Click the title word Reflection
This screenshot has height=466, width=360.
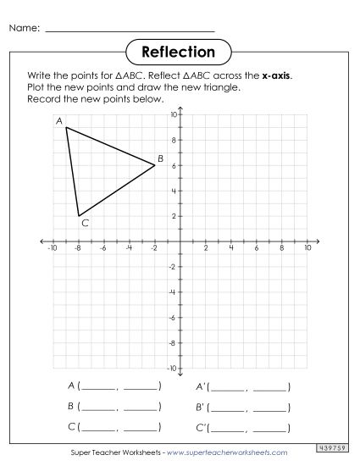point(180,53)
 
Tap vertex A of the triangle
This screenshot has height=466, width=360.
point(66,128)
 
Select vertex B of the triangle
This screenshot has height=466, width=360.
point(155,165)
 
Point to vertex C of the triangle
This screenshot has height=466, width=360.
point(79,216)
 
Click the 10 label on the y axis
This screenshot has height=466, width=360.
point(172,115)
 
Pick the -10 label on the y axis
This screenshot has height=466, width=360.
point(171,369)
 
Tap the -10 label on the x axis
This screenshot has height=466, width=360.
point(53,248)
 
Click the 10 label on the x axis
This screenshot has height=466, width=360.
point(307,248)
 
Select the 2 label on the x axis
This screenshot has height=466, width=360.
point(206,248)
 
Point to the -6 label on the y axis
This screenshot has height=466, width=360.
point(172,318)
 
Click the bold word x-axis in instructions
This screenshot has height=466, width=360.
point(276,75)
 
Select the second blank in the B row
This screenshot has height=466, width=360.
point(140,407)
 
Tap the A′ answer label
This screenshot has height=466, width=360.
point(201,386)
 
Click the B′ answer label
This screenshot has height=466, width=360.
point(201,407)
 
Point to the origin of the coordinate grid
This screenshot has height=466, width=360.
point(180,241)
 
